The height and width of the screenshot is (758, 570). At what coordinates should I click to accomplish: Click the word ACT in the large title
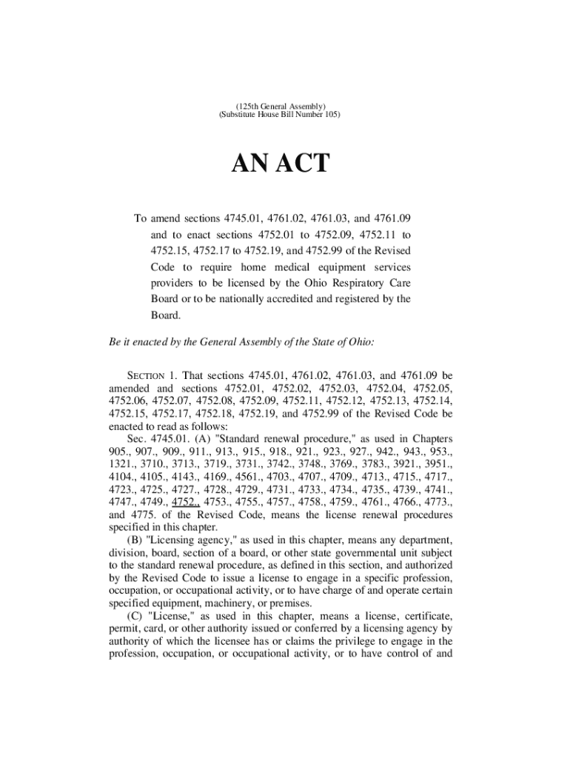click(300, 164)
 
